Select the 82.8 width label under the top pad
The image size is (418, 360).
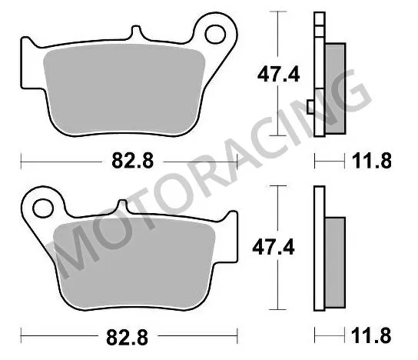[x=128, y=162]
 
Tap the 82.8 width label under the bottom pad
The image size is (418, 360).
[x=128, y=336]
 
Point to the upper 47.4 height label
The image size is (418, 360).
[x=274, y=75]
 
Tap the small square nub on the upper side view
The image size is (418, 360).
[x=310, y=107]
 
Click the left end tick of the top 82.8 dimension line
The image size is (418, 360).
[x=22, y=162]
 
